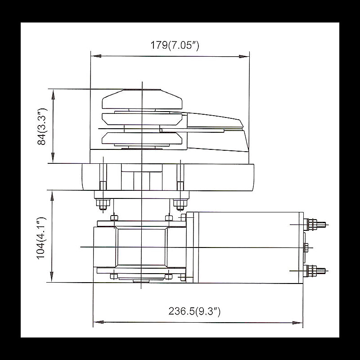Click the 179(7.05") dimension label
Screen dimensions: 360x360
(175, 45)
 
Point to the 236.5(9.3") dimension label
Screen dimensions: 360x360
(194, 311)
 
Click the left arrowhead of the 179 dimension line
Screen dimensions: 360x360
(95, 56)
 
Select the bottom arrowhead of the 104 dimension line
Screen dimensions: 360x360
(53, 278)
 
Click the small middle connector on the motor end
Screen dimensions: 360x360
(306, 247)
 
